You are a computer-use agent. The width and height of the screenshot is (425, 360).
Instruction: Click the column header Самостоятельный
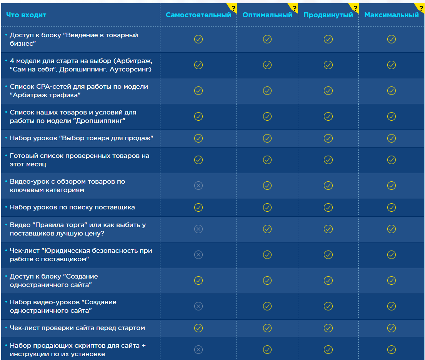(198, 15)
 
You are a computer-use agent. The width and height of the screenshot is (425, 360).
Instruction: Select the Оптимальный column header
(267, 15)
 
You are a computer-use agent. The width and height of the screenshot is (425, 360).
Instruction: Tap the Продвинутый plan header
(328, 15)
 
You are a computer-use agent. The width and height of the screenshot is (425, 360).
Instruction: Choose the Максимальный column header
(391, 15)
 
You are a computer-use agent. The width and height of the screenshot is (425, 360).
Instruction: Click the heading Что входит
(26, 15)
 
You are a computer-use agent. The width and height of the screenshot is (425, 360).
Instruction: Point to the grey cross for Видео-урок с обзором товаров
(198, 186)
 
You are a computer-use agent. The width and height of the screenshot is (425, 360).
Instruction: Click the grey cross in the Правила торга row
(198, 229)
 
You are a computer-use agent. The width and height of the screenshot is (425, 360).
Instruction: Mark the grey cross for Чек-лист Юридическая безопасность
(198, 255)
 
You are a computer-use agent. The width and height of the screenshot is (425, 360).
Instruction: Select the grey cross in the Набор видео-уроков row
(198, 306)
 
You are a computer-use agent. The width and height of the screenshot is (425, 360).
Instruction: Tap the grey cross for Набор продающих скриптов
(198, 350)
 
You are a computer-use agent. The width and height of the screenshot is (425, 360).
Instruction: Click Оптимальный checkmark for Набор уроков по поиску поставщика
(267, 207)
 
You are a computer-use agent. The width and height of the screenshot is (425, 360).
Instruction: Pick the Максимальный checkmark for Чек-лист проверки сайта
(391, 328)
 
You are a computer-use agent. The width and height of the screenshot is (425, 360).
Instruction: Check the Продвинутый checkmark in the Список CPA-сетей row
(328, 91)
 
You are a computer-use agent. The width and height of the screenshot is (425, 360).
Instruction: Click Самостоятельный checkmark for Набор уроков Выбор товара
(198, 138)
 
